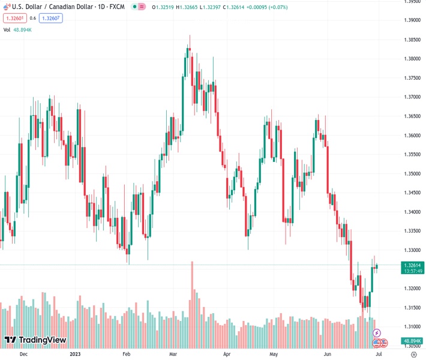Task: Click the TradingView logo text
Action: pyautogui.click(x=42, y=340)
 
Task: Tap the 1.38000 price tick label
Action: pyautogui.click(x=412, y=59)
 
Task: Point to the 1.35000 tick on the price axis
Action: pyautogui.click(x=412, y=173)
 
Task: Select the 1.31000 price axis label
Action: pyautogui.click(x=412, y=326)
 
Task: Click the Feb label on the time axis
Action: pyautogui.click(x=126, y=354)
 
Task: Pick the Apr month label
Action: pyautogui.click(x=227, y=354)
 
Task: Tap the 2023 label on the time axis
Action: pyautogui.click(x=76, y=354)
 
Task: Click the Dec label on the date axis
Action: pyautogui.click(x=23, y=354)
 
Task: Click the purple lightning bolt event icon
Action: pyautogui.click(x=377, y=332)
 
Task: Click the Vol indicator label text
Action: pyautogui.click(x=7, y=29)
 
